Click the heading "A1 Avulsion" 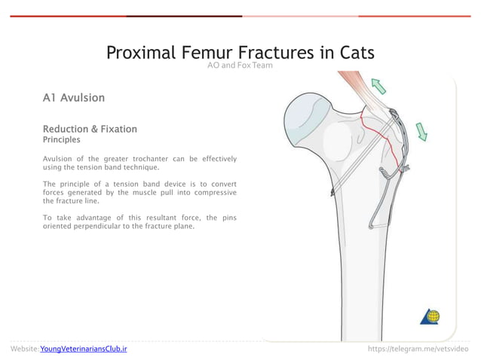pyautogui.click(x=73, y=98)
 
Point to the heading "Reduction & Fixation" pyautogui.click(x=90, y=129)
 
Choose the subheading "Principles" pyautogui.click(x=62, y=139)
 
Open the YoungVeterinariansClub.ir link pyautogui.click(x=84, y=349)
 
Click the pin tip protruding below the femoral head pyautogui.click(x=333, y=194)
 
